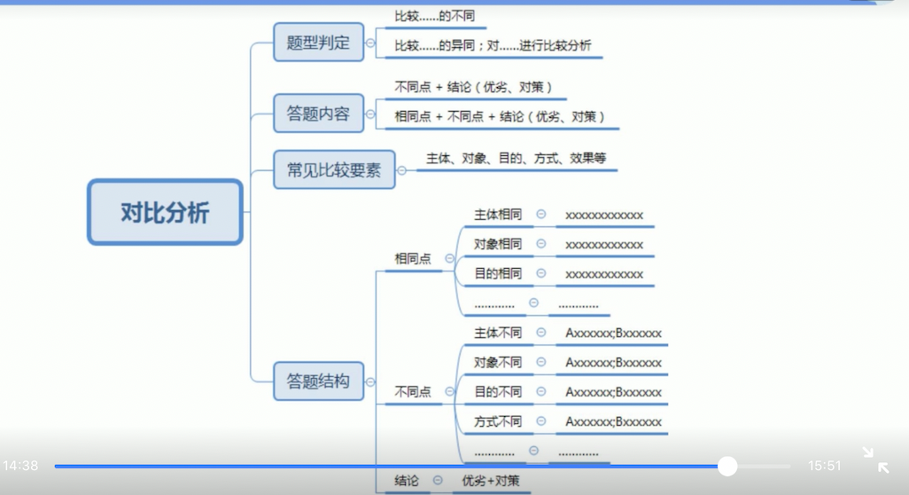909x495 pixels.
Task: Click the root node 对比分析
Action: [x=165, y=213]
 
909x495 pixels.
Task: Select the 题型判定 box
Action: [x=318, y=42]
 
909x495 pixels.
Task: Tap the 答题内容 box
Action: [x=318, y=114]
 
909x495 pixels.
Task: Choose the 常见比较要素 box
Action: [x=334, y=169]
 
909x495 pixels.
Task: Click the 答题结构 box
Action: [x=318, y=381]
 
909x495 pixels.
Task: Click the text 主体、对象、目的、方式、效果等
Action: [x=516, y=159]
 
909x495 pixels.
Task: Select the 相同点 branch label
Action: [x=413, y=258]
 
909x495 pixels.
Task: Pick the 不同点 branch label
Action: [x=413, y=391]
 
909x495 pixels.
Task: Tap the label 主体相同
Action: [x=498, y=215]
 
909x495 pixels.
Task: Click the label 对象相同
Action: [x=498, y=244]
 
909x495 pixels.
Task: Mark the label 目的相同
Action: [x=498, y=273]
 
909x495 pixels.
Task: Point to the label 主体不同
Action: [x=498, y=333]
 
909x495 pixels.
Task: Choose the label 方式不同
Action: [x=498, y=421]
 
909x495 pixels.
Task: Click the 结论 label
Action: [x=407, y=480]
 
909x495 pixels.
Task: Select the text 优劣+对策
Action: [x=491, y=480]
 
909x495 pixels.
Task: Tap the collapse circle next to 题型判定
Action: [x=370, y=43]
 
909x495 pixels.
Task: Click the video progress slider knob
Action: [x=727, y=466]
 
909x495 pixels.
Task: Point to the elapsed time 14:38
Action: [x=20, y=466]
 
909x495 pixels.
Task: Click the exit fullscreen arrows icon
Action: [x=875, y=460]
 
